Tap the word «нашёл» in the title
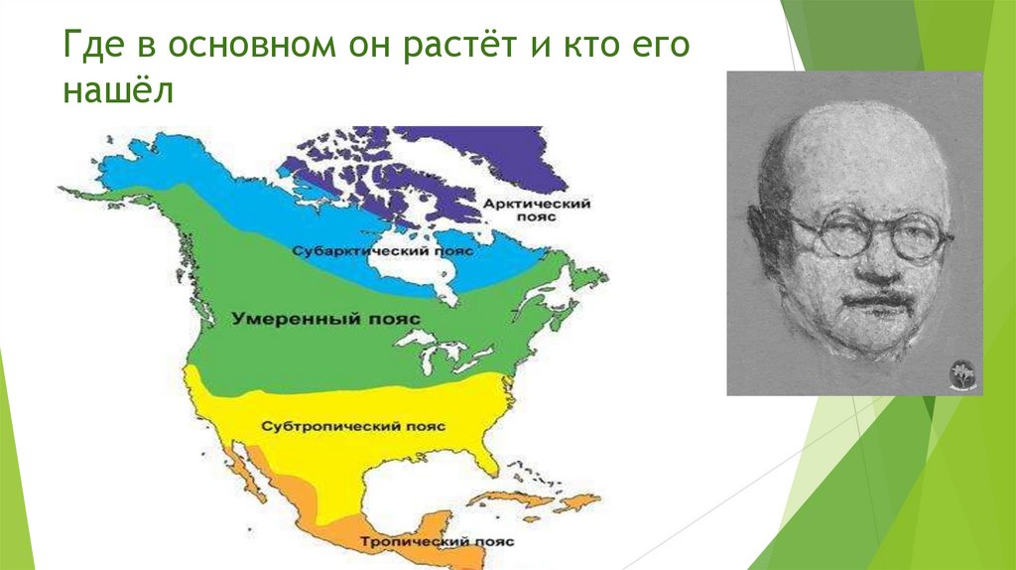(x=118, y=91)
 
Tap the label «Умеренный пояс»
(x=326, y=319)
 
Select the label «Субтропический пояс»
(x=353, y=426)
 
